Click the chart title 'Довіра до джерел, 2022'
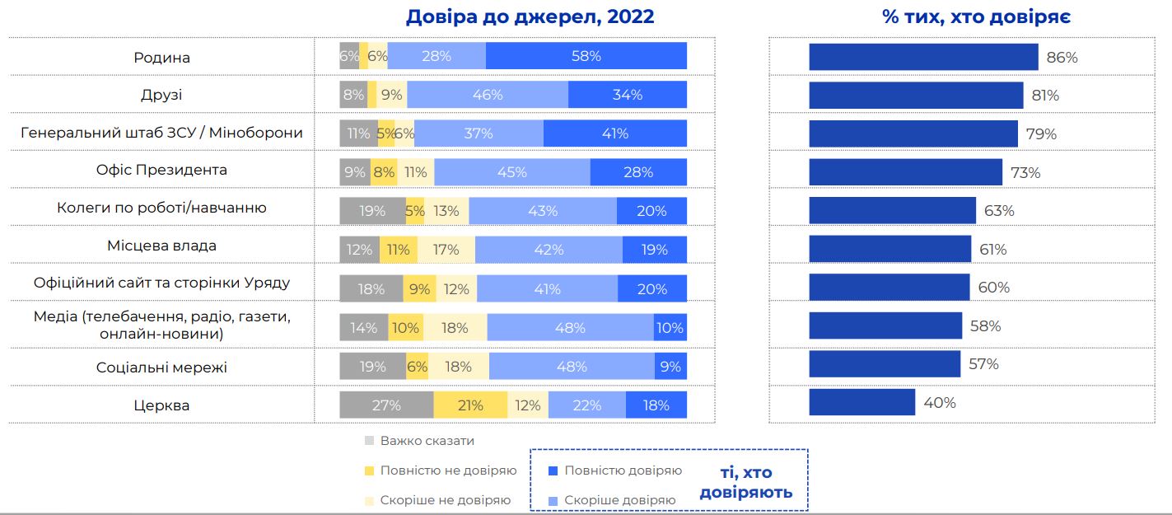click(530, 17)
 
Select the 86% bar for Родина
click(922, 57)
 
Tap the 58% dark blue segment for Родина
click(586, 56)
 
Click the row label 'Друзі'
click(161, 95)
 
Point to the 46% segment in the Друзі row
click(488, 95)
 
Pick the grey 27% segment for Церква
click(386, 405)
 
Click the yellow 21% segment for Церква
click(469, 405)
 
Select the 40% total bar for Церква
click(861, 402)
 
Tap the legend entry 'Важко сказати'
click(427, 441)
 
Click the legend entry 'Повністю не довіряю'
click(448, 471)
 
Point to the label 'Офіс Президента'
click(161, 171)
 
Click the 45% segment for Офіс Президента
click(511, 172)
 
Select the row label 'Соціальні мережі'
click(161, 367)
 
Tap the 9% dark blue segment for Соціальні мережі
click(670, 367)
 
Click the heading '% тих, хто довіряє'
click(976, 17)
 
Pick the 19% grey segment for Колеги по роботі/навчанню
click(372, 211)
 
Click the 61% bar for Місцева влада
click(890, 249)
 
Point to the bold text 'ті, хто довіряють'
click(745, 483)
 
